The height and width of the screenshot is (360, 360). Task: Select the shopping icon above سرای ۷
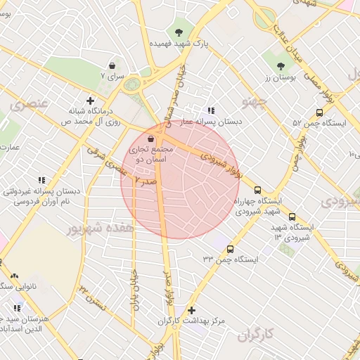(112, 65)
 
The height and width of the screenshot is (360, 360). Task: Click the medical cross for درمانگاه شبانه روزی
(89, 101)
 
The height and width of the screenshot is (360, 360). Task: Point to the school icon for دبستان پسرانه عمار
(211, 110)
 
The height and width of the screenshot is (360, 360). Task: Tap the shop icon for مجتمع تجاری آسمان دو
(153, 139)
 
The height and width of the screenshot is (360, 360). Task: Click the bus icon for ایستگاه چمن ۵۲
(320, 112)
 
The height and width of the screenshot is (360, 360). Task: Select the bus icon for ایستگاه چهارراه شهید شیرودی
(258, 189)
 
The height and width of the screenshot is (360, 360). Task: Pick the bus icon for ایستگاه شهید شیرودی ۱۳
(292, 217)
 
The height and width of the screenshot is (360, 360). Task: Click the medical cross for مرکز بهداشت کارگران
(191, 310)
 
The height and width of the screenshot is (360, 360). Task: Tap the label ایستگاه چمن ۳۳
(231, 259)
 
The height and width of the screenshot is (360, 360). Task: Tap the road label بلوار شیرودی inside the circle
(220, 164)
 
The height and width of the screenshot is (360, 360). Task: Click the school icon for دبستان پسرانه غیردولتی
(41, 180)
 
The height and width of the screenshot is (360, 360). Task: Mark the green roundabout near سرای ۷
(131, 85)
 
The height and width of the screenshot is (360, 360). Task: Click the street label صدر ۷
(146, 181)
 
